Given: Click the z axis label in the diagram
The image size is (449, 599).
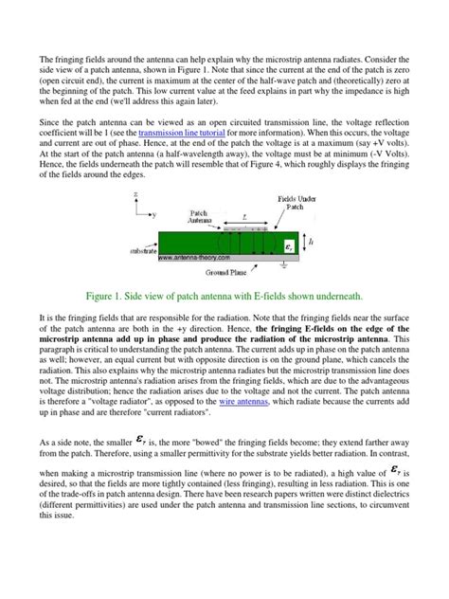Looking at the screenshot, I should click(136, 194).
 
